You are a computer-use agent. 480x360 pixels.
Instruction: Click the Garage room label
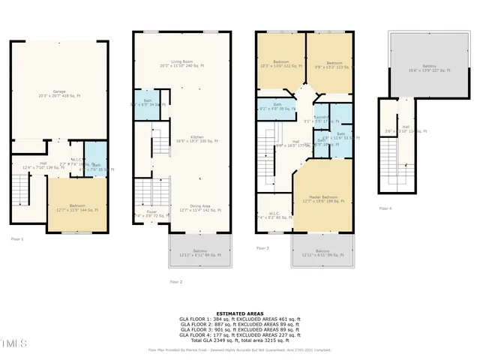click(x=58, y=94)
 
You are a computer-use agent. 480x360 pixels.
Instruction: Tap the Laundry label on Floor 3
click(x=322, y=118)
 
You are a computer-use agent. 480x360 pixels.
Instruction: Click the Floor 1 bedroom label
click(x=78, y=208)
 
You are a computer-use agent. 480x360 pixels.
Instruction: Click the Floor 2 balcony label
click(x=199, y=253)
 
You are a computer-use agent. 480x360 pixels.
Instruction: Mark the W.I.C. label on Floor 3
click(x=274, y=214)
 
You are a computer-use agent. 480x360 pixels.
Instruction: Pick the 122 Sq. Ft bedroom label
click(x=281, y=64)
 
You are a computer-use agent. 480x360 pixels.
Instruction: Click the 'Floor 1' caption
click(x=17, y=238)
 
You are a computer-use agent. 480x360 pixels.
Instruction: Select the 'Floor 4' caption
click(x=385, y=208)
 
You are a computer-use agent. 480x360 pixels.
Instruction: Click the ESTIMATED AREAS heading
click(x=239, y=313)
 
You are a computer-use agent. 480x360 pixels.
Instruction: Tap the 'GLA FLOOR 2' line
click(x=239, y=324)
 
